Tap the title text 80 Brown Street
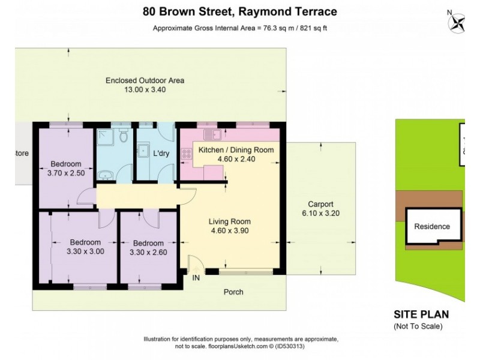(x=240, y=11)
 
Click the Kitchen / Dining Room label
(x=236, y=150)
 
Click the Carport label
(x=320, y=204)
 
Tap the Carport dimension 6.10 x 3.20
(x=320, y=213)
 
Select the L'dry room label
(x=161, y=154)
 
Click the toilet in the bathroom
(x=124, y=136)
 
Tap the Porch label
(x=233, y=292)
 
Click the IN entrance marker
(x=196, y=278)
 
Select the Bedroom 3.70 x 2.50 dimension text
(x=65, y=173)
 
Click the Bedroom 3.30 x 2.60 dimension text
(x=148, y=252)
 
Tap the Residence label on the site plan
(x=432, y=227)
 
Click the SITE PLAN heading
(x=421, y=314)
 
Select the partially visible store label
(x=22, y=153)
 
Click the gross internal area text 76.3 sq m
(x=240, y=28)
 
